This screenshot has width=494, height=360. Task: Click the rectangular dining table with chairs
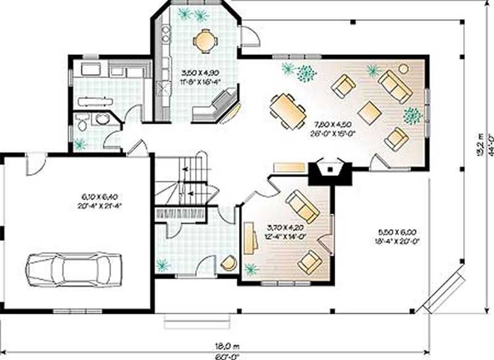288,111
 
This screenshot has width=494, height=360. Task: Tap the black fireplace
328,169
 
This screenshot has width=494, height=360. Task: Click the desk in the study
250,238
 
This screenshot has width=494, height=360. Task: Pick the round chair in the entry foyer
228,262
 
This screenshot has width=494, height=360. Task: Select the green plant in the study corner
251,269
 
